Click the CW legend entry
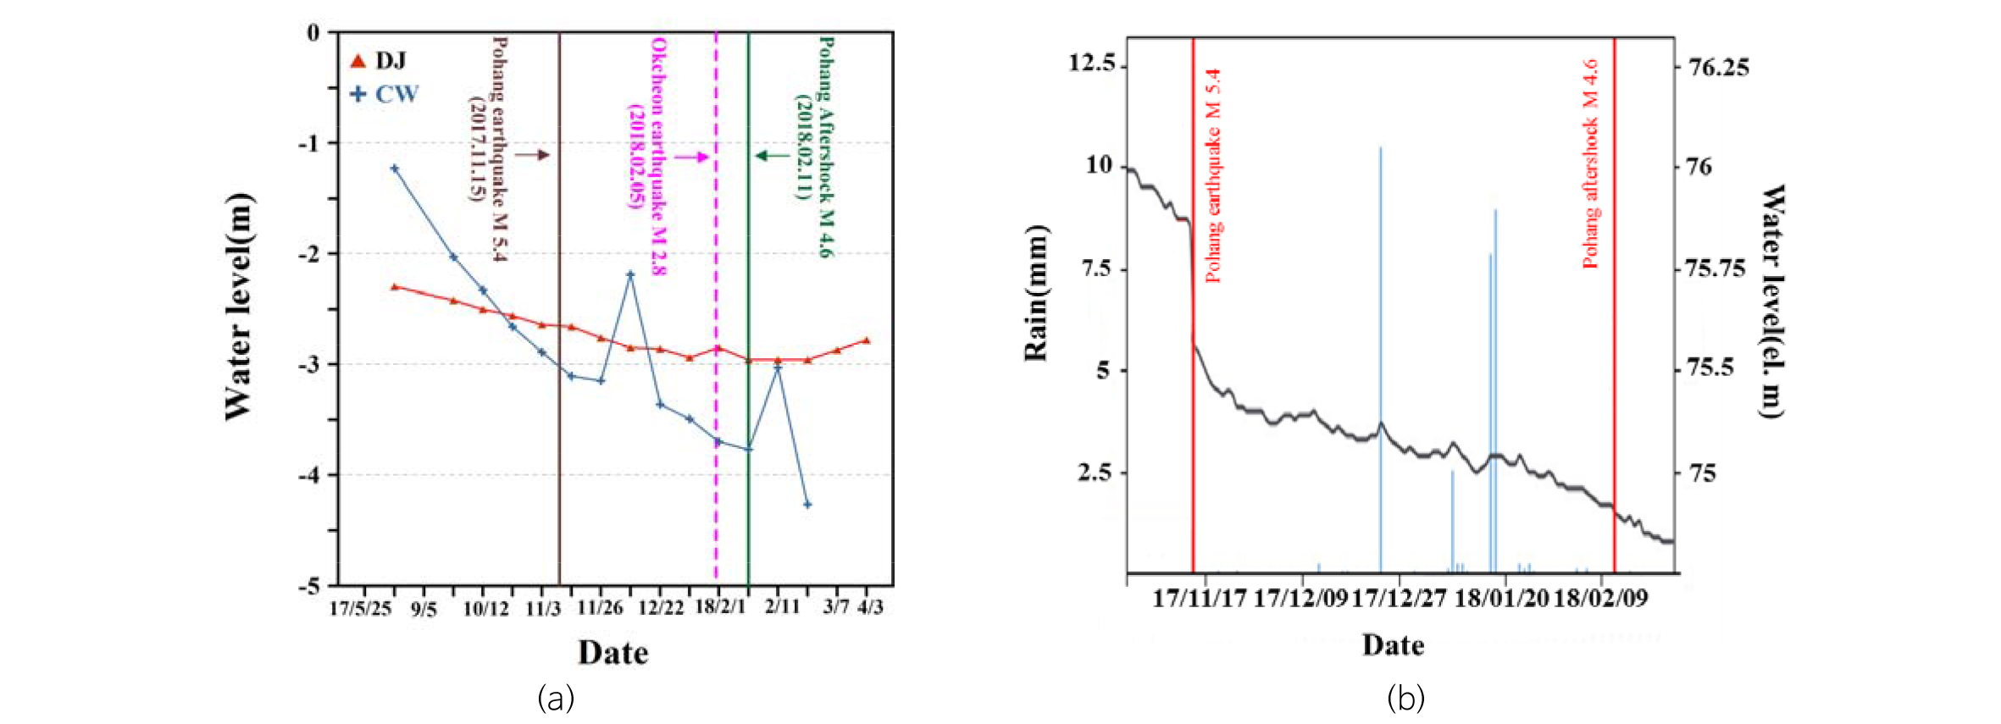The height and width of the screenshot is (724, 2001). point(385,94)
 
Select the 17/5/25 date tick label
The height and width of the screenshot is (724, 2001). point(360,608)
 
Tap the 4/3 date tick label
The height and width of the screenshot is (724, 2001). point(870,607)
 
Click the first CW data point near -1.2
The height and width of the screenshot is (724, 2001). point(394,169)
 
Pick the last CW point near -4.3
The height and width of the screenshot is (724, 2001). point(807,505)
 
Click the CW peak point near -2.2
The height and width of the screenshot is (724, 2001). point(630,274)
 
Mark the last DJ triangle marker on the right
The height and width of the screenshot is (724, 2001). point(866,340)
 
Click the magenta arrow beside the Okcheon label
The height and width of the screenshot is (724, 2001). point(691,157)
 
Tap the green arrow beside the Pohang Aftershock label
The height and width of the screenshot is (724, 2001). point(772,155)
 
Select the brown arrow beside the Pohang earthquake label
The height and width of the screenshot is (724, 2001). point(532,155)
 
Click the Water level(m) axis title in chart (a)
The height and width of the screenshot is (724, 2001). point(238,307)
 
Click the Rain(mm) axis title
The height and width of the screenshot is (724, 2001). point(1036,293)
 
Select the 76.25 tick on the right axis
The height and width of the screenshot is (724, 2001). point(1718,68)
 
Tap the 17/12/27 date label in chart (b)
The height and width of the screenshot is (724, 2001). point(1399,599)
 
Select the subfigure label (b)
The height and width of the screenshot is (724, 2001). point(1405,699)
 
